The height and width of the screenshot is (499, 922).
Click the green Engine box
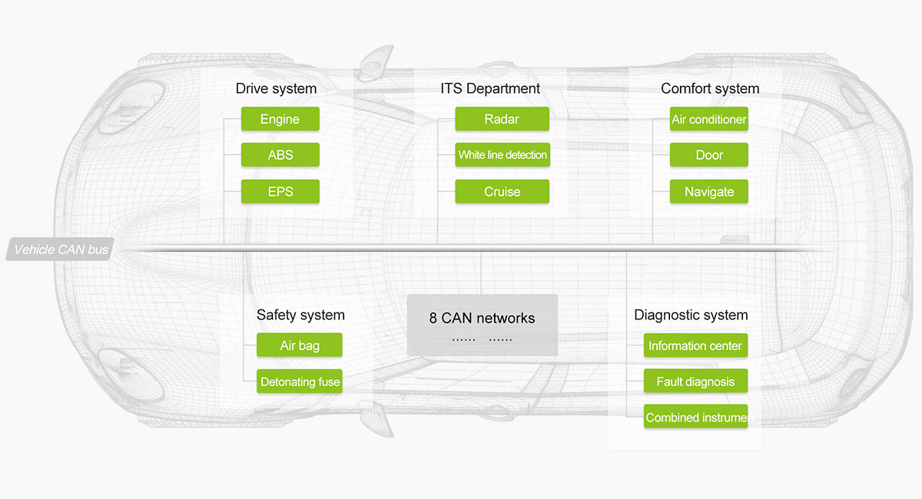tap(280, 119)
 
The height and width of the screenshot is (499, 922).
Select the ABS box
tap(280, 154)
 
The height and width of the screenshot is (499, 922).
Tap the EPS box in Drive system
tap(280, 191)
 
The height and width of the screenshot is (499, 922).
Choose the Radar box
tap(502, 119)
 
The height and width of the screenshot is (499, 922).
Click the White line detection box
tap(502, 154)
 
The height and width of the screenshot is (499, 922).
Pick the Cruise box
tap(502, 191)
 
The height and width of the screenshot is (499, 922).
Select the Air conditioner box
tap(708, 119)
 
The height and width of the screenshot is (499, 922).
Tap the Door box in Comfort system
tap(708, 154)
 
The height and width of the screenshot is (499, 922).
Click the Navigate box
tap(708, 191)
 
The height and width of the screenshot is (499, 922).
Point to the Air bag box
tap(299, 345)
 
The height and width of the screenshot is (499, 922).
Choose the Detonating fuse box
tap(299, 381)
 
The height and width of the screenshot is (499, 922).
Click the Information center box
tap(695, 345)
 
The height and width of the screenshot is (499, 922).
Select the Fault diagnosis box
tap(695, 381)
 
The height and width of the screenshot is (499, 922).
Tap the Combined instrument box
tap(695, 417)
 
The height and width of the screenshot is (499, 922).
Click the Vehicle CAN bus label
tap(60, 249)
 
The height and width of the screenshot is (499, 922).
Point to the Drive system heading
tap(276, 88)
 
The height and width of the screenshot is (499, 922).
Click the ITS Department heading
tap(490, 88)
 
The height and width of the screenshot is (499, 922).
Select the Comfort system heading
tap(710, 88)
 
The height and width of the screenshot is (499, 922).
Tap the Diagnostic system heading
tap(691, 315)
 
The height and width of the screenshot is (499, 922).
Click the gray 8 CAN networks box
tap(483, 325)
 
